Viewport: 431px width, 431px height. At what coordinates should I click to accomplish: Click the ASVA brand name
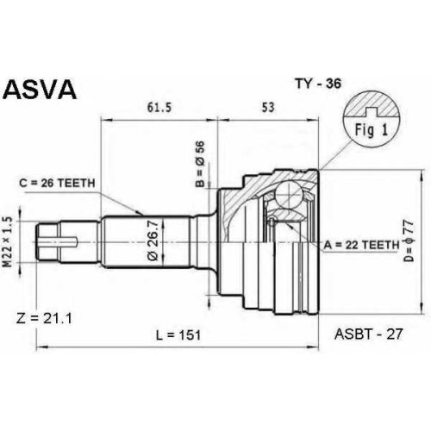coord(40,89)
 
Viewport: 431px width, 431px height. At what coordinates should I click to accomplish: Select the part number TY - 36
coord(318,84)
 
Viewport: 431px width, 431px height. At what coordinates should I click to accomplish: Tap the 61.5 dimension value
coord(159,108)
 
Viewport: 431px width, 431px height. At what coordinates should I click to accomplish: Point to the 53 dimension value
coord(268,107)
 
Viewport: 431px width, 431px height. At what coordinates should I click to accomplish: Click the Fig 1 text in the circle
coord(372,129)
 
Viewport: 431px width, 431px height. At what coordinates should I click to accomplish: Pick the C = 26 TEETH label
coord(57,183)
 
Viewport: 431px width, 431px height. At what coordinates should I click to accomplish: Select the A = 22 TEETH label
coord(362,245)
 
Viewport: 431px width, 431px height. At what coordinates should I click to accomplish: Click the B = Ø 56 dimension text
coord(200,164)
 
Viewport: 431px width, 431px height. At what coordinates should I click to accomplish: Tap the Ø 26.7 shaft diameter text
coord(153,240)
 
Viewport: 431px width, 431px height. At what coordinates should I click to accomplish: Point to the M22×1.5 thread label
coord(9,242)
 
